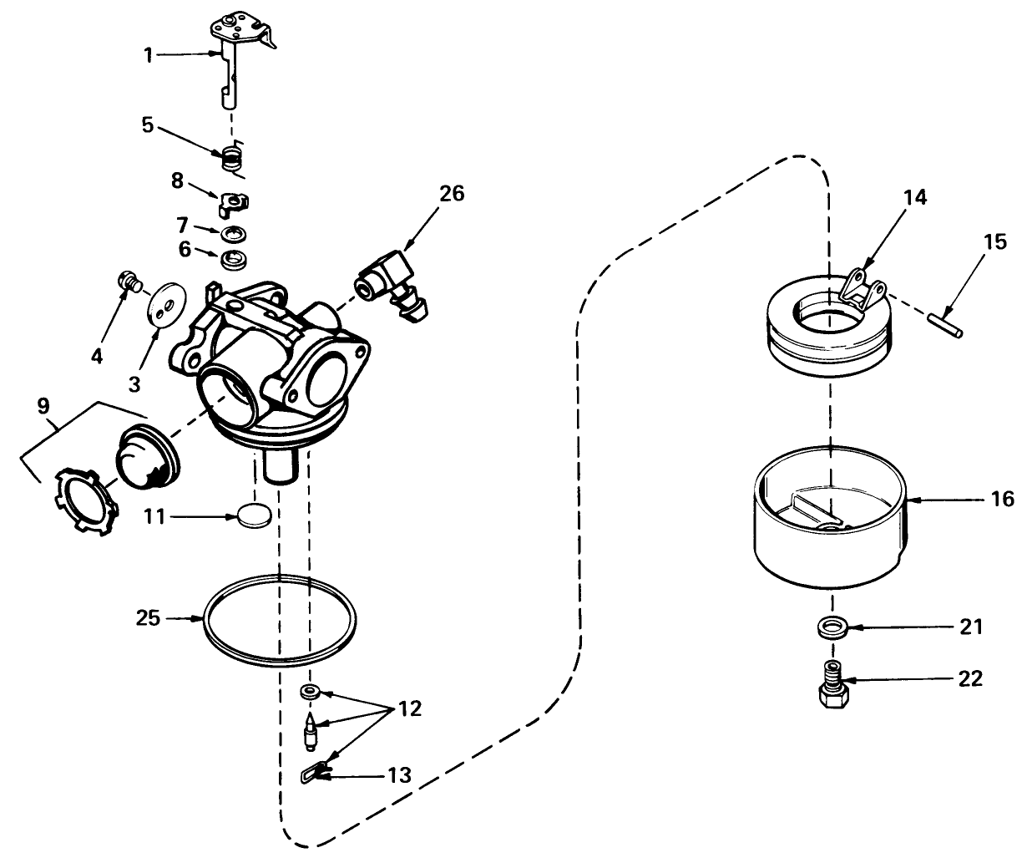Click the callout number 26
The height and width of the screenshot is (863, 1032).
point(452,194)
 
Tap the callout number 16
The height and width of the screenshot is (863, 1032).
point(1002,499)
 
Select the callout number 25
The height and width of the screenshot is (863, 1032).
point(148,618)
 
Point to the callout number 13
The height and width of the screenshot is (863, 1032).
point(399,775)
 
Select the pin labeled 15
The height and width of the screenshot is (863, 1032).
point(945,323)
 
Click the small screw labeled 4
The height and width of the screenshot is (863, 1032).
point(130,282)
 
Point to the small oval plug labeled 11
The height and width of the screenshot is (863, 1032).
point(254,515)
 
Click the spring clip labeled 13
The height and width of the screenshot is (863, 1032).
point(314,774)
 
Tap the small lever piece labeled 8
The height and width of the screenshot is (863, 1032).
point(233,203)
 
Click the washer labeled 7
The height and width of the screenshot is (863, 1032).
point(233,233)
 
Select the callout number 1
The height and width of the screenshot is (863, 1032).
point(149,55)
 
